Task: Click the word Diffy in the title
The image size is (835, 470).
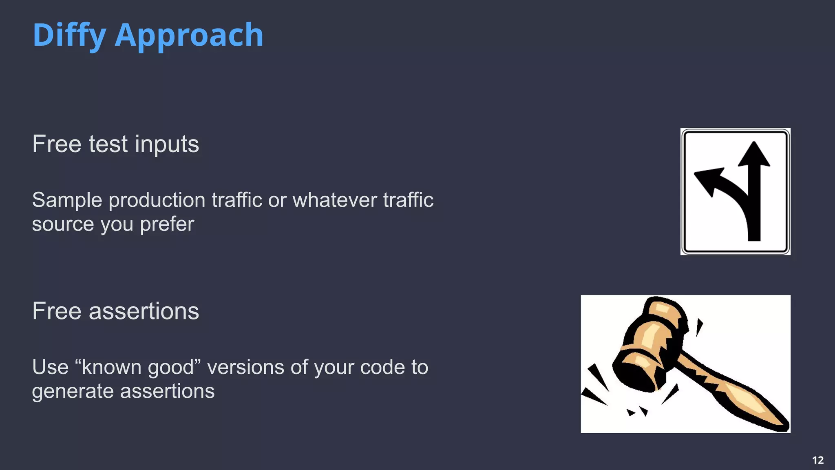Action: coord(69,35)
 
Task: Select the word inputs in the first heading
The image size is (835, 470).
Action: coord(167,144)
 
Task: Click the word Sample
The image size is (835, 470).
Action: coord(67,200)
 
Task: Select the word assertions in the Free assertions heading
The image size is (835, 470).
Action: coord(144,311)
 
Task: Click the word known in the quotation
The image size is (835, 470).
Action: coord(111,367)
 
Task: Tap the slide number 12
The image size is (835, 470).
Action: coord(818,460)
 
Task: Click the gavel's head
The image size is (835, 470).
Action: coord(648,343)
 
